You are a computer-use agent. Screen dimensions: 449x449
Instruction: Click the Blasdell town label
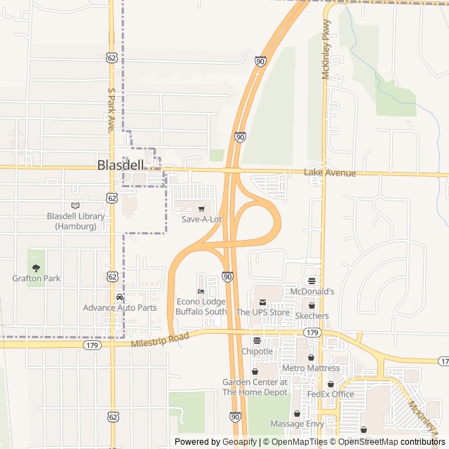pyautogui.click(x=120, y=166)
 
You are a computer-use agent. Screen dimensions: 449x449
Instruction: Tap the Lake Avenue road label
pyautogui.click(x=330, y=173)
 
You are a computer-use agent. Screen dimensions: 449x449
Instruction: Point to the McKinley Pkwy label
pyautogui.click(x=326, y=49)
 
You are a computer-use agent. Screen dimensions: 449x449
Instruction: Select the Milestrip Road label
pyautogui.click(x=160, y=340)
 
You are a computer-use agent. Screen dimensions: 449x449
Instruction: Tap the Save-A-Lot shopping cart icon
pyautogui.click(x=202, y=208)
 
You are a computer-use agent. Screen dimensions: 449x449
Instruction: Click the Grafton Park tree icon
pyautogui.click(x=36, y=267)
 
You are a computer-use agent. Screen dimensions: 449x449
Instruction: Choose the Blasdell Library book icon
pyautogui.click(x=76, y=206)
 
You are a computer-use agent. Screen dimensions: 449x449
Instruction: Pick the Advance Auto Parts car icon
pyautogui.click(x=119, y=297)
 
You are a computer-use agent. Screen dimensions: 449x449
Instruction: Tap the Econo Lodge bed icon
pyautogui.click(x=201, y=291)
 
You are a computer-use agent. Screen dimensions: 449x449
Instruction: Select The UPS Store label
pyautogui.click(x=262, y=312)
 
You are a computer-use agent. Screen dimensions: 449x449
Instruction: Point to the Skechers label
pyautogui.click(x=311, y=316)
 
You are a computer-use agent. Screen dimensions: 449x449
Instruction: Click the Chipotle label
pyautogui.click(x=257, y=351)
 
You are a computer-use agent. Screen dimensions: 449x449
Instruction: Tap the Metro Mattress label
pyautogui.click(x=310, y=368)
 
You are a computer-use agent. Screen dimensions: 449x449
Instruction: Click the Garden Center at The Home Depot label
pyautogui.click(x=255, y=387)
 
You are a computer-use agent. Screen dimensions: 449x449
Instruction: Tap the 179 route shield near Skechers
pyautogui.click(x=313, y=332)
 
